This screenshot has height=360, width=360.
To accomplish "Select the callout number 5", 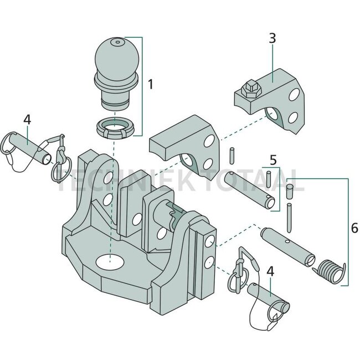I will click(272, 160).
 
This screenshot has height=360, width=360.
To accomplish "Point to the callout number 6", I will click(354, 228).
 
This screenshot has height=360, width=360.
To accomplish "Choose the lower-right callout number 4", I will click(270, 271).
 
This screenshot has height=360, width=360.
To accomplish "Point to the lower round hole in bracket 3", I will click(292, 117).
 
